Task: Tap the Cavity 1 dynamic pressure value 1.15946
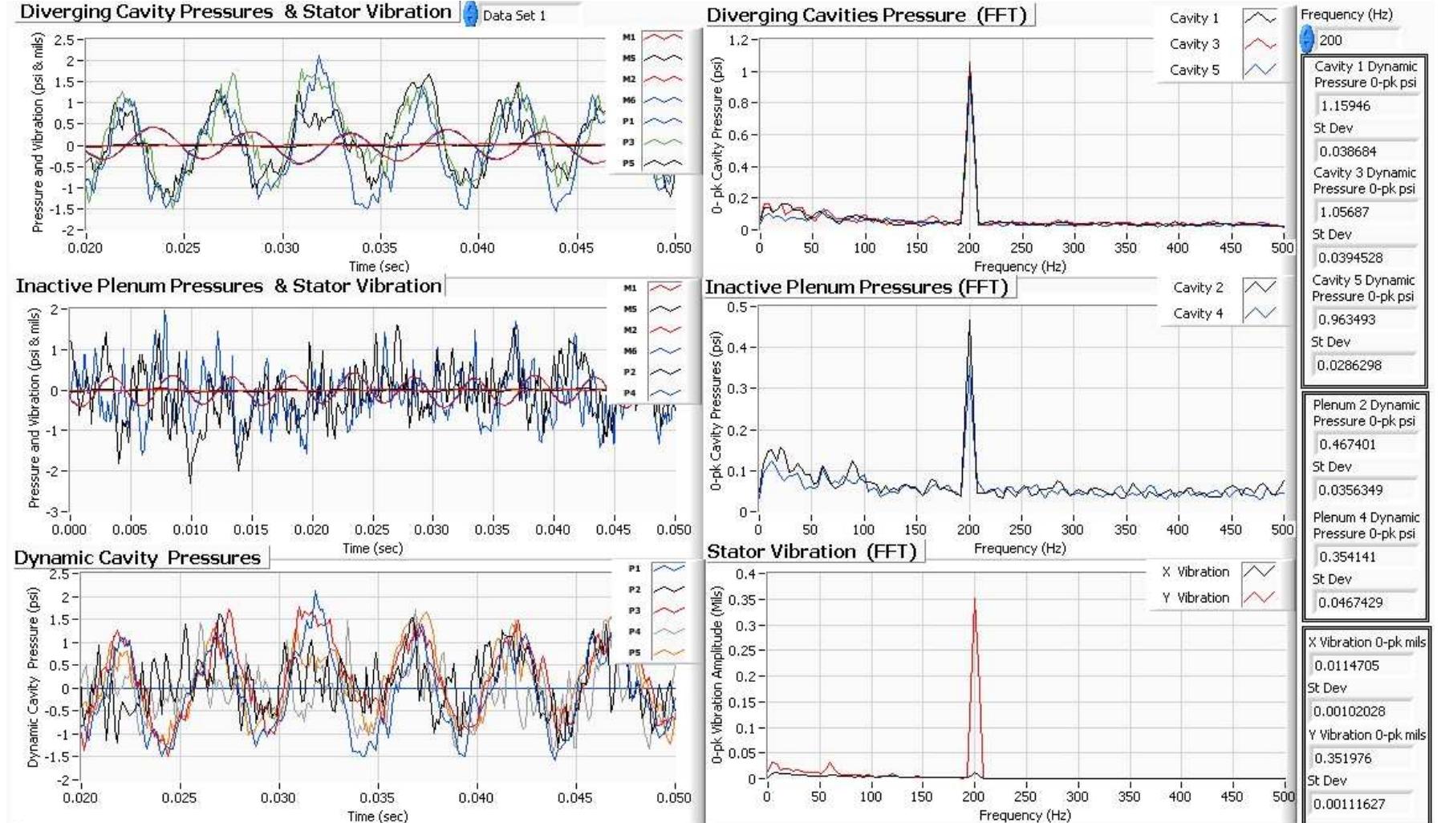tap(1346, 106)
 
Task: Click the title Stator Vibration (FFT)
tap(811, 552)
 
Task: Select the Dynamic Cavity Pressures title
tap(137, 558)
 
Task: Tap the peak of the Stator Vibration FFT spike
tap(975, 598)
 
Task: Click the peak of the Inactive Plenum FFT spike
tap(969, 321)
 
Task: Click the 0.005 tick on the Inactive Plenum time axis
tap(130, 530)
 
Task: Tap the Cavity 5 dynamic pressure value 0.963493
tap(1347, 319)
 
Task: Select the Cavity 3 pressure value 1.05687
tap(1344, 213)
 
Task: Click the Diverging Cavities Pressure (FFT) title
tap(867, 15)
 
